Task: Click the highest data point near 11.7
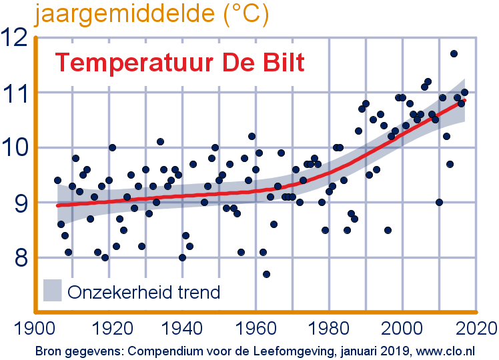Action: pyautogui.click(x=454, y=54)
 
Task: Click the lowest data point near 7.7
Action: pyautogui.click(x=266, y=274)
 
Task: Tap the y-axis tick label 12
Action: pyautogui.click(x=14, y=37)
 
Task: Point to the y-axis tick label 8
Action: pyautogui.click(x=21, y=258)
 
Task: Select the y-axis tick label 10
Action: pyautogui.click(x=15, y=147)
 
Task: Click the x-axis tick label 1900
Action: pyautogui.click(x=35, y=328)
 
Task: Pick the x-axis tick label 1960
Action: pyautogui.click(x=256, y=328)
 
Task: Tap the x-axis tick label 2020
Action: pyautogui.click(x=476, y=328)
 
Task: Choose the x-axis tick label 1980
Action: pyautogui.click(x=329, y=328)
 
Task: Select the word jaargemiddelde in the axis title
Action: pyautogui.click(x=125, y=14)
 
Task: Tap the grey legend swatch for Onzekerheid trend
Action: pyautogui.click(x=53, y=291)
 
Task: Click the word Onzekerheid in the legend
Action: pyautogui.click(x=120, y=292)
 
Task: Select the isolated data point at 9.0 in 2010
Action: pyautogui.click(x=439, y=202)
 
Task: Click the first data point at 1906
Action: pyautogui.click(x=57, y=180)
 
